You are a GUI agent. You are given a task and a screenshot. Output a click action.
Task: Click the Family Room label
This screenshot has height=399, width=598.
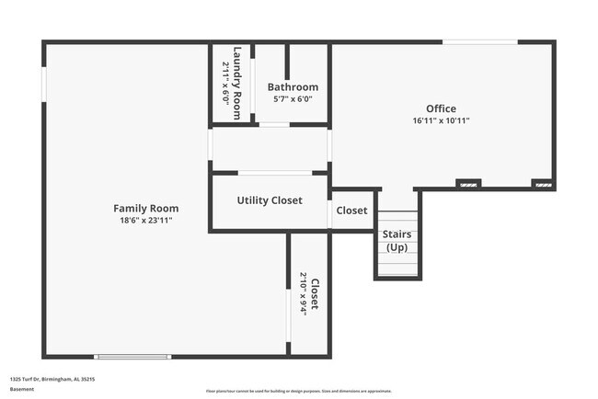tap(145, 209)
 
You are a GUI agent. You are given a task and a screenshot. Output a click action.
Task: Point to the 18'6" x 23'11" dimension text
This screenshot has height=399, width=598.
tap(145, 221)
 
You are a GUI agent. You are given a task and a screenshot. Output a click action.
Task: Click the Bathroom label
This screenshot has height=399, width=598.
tap(293, 87)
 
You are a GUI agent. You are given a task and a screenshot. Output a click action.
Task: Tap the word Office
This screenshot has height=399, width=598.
tap(441, 108)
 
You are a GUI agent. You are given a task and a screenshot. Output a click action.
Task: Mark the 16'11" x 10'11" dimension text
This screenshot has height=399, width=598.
tap(442, 120)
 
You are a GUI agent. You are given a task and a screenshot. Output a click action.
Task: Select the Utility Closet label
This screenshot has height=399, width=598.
tap(269, 200)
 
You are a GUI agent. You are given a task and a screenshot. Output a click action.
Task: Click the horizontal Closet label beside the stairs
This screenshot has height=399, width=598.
tap(351, 211)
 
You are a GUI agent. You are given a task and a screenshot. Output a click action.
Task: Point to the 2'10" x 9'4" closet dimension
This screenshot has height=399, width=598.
tap(303, 293)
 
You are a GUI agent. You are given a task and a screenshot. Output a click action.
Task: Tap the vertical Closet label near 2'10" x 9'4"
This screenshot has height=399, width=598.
tap(315, 293)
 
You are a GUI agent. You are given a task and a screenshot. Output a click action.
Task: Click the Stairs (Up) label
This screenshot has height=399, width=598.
tap(397, 241)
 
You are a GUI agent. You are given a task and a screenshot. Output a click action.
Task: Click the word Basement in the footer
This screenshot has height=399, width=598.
tap(22, 389)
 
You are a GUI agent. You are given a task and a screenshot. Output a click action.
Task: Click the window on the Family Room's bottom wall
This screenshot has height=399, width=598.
tap(132, 357)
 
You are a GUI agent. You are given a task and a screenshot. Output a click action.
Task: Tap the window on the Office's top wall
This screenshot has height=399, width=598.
tap(479, 41)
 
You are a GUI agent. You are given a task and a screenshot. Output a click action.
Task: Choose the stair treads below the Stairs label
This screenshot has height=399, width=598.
tap(397, 266)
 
